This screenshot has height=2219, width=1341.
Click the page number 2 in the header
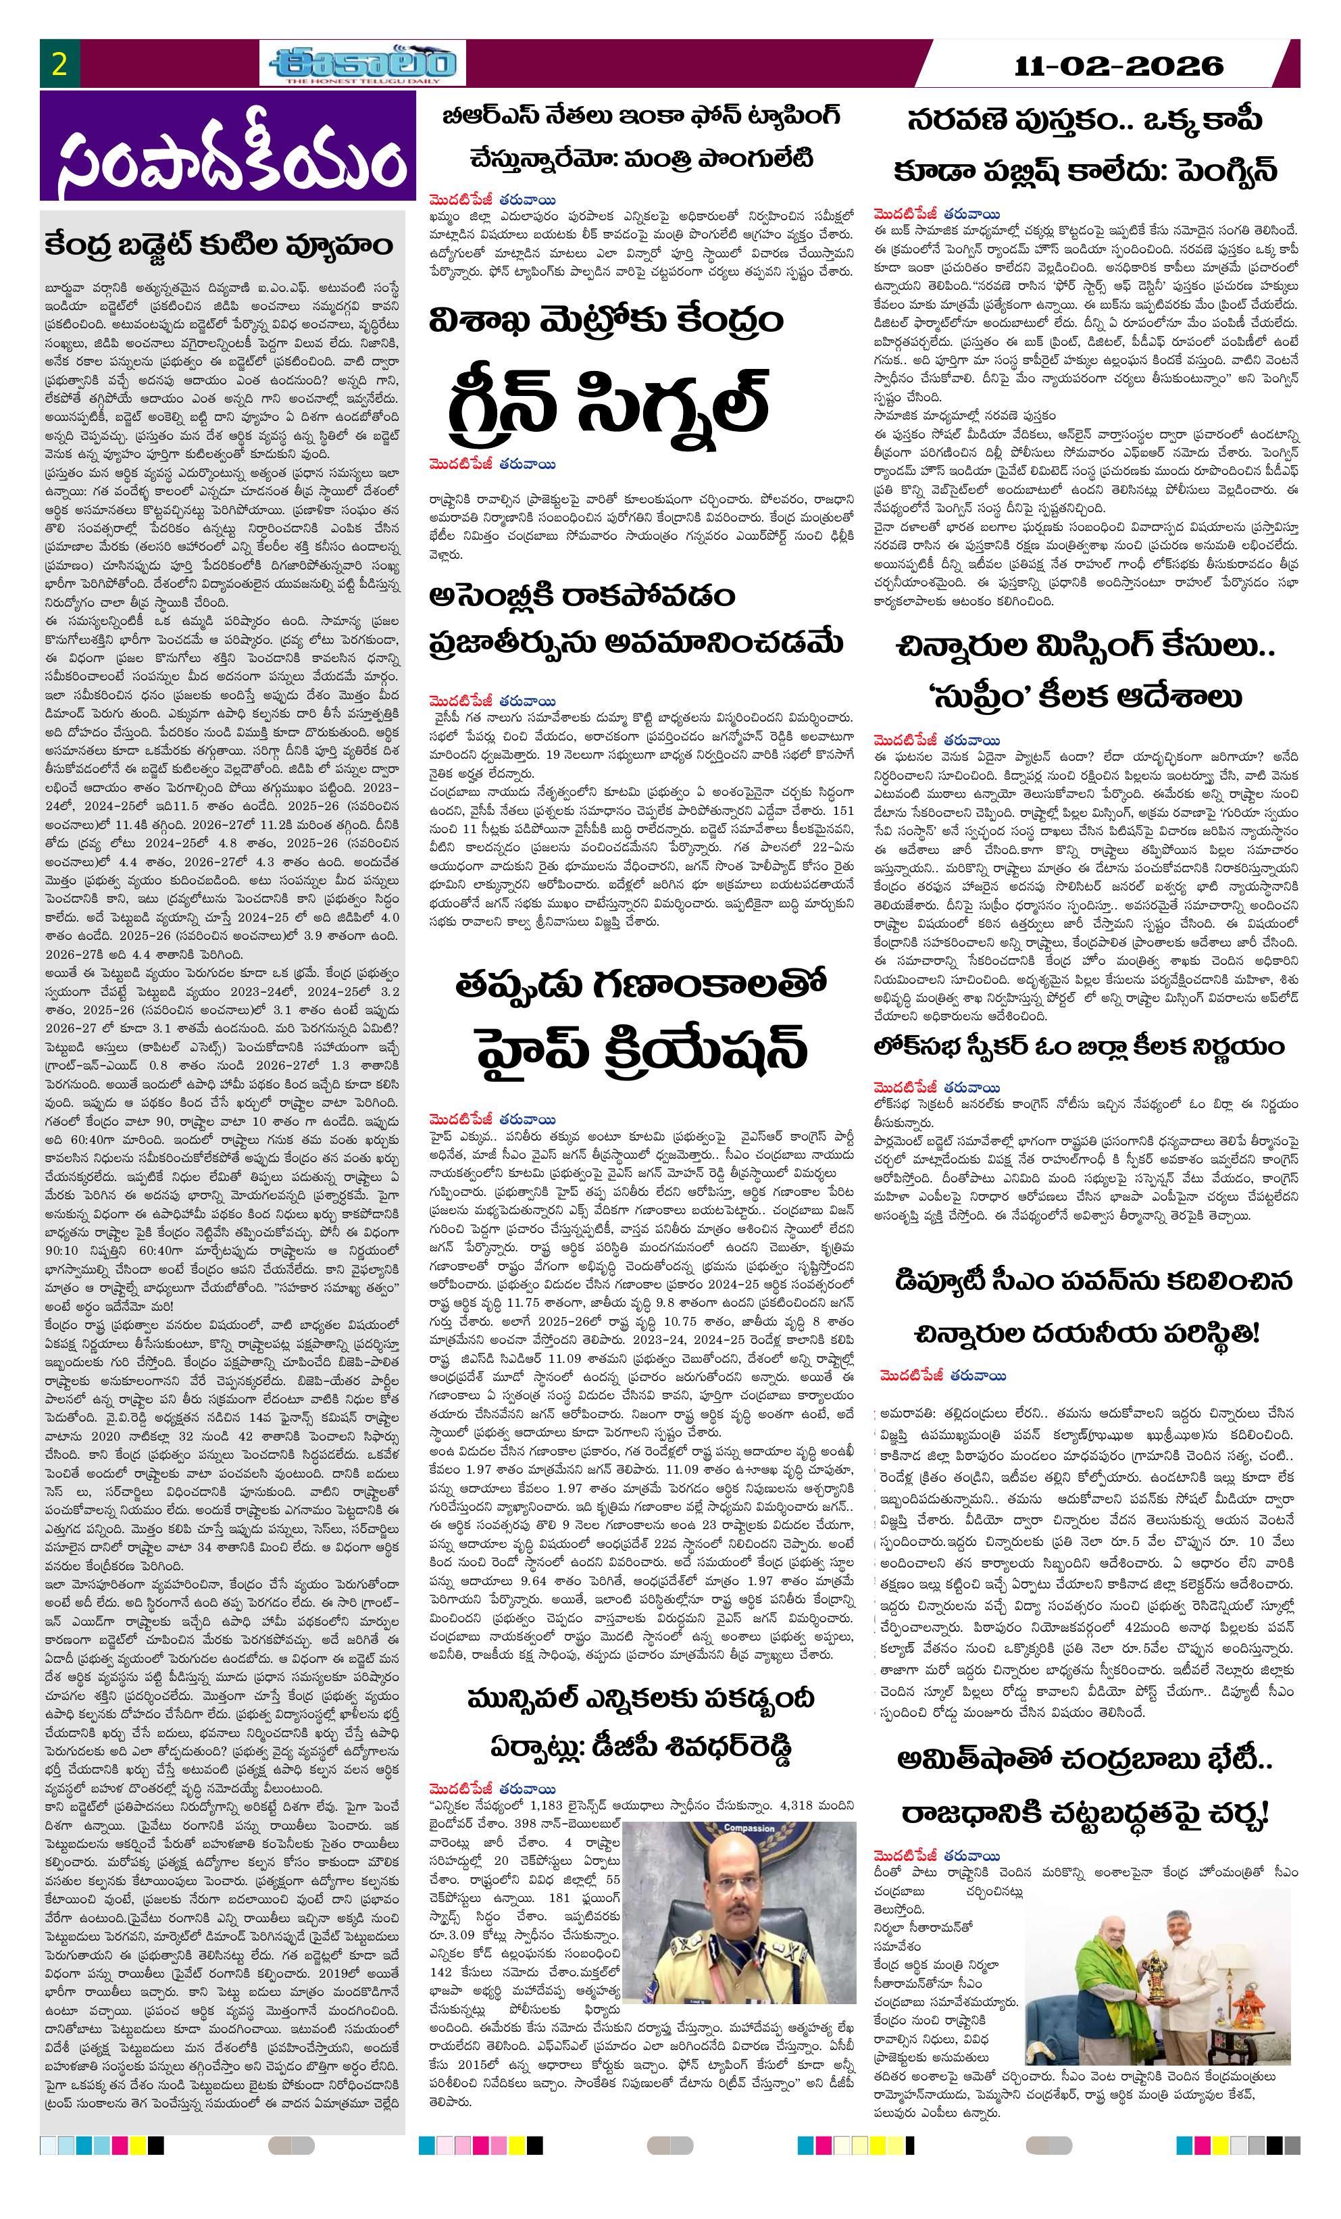click(x=60, y=65)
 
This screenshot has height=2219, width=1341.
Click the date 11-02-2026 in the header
click(x=1119, y=66)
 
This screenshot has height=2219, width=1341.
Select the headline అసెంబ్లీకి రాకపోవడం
click(x=583, y=595)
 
